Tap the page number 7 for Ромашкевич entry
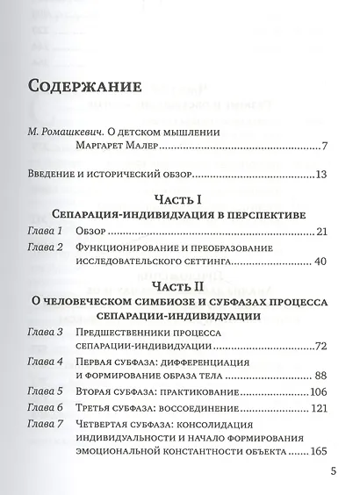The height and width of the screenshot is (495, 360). coord(325,146)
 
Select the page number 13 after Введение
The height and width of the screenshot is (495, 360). coord(321,175)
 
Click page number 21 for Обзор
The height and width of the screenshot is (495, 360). coord(320,232)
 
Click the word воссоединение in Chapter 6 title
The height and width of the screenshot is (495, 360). coord(196,409)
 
